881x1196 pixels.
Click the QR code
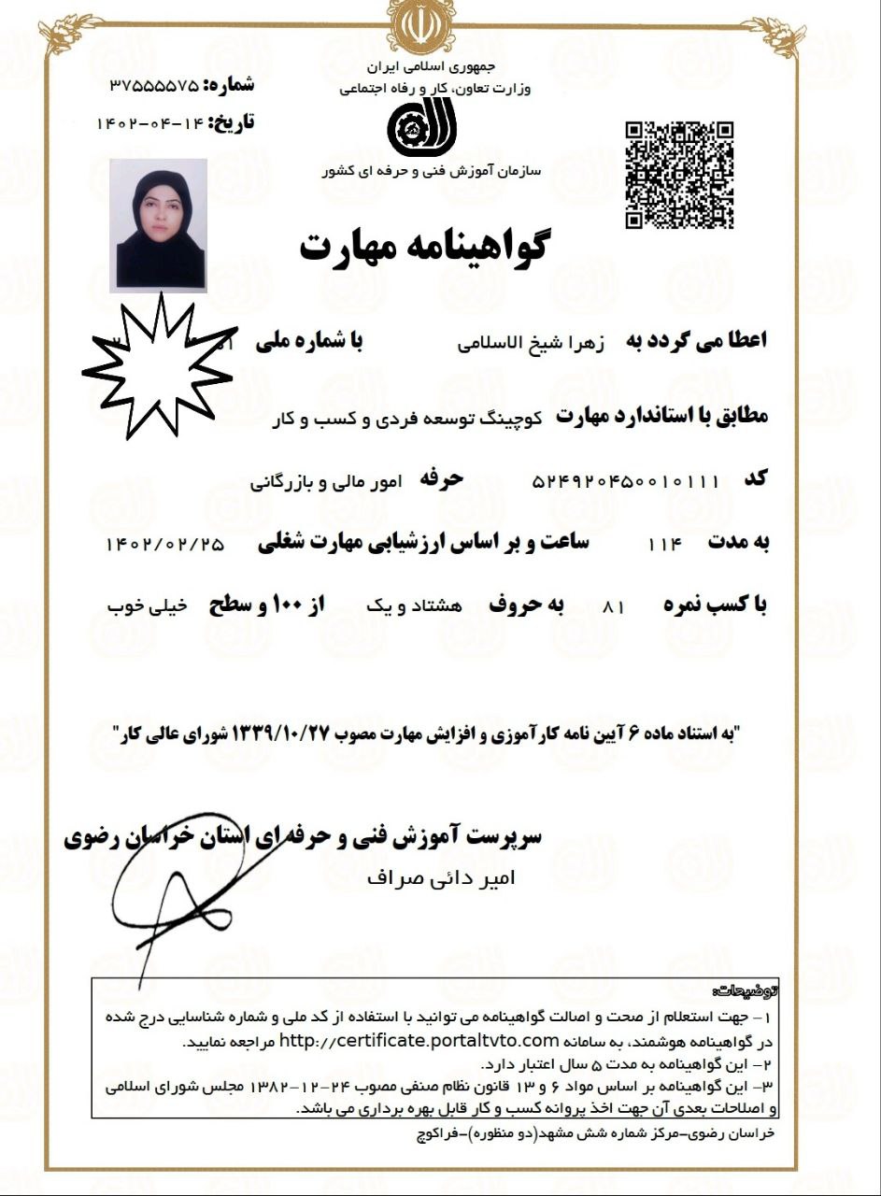pos(679,175)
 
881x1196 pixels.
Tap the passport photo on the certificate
pos(158,223)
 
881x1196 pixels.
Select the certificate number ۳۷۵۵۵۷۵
pos(155,85)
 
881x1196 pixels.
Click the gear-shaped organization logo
pos(418,130)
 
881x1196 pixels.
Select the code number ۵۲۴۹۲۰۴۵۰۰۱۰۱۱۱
pos(625,481)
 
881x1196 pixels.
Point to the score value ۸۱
pos(614,606)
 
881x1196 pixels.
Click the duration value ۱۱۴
pos(665,543)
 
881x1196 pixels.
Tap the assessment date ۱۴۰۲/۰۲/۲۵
pos(166,545)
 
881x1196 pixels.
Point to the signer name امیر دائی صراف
pos(441,878)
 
